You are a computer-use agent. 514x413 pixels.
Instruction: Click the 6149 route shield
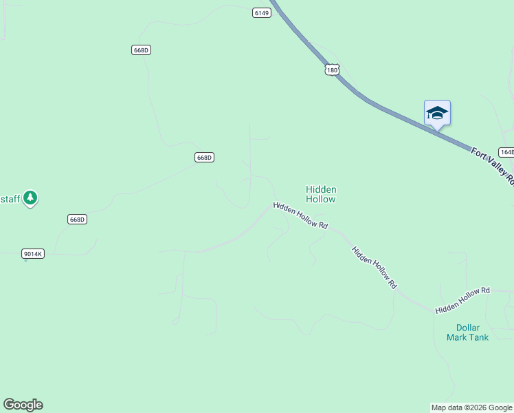[261, 13]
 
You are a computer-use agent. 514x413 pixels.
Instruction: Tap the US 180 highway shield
[333, 70]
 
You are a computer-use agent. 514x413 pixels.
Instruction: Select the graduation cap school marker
[437, 114]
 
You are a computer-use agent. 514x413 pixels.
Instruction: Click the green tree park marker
[30, 198]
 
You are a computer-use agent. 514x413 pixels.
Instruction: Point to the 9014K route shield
[33, 254]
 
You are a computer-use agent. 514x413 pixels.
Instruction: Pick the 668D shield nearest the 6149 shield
[142, 50]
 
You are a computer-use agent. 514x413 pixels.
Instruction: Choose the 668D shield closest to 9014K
[78, 220]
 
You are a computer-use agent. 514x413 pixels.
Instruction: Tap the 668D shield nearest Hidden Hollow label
[204, 158]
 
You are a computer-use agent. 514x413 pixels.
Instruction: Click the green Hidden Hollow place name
[321, 194]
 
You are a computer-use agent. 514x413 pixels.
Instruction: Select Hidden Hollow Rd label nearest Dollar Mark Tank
[462, 301]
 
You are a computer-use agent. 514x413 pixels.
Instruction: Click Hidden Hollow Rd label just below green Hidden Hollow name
[300, 215]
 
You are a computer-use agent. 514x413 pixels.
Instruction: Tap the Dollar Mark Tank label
[467, 332]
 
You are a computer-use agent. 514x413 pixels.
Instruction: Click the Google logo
[23, 405]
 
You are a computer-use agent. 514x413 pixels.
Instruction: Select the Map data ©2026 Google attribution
[472, 407]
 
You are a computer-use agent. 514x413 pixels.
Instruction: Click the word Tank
[478, 337]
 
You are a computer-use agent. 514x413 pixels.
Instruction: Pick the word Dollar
[467, 328]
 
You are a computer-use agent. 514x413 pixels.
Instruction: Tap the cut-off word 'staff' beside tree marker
[10, 198]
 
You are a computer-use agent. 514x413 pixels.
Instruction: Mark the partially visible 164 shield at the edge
[506, 152]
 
